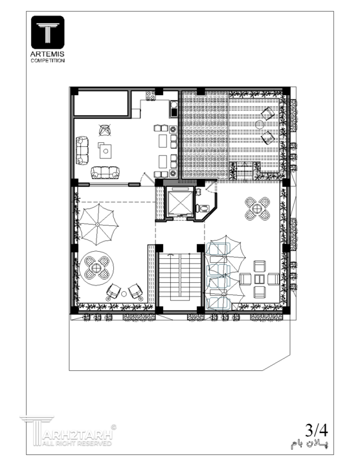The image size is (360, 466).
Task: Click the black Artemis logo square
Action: (x=47, y=32)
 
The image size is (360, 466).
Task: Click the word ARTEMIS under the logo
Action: (x=47, y=54)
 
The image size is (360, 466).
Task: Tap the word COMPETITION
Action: (x=47, y=61)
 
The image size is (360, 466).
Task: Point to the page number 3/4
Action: (x=317, y=430)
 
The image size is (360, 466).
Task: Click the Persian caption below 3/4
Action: (x=309, y=444)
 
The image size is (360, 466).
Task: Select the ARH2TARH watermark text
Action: (x=78, y=435)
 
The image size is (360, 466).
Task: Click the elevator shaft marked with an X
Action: (x=179, y=203)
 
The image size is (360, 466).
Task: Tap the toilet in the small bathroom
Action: (x=202, y=208)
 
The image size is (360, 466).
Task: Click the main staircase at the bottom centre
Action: (x=179, y=276)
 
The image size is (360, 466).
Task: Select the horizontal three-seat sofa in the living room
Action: (x=106, y=172)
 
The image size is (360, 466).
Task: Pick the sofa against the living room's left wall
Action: (x=82, y=150)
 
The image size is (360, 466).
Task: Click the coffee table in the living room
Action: (x=105, y=151)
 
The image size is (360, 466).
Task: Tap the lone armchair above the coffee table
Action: (x=104, y=130)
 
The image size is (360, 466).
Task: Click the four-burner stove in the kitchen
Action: (x=151, y=95)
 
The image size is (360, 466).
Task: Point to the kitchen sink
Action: (x=174, y=109)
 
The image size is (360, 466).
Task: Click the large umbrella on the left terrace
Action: (x=98, y=225)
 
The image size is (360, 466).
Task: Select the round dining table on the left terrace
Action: (x=96, y=268)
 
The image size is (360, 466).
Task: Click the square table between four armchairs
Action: (x=260, y=279)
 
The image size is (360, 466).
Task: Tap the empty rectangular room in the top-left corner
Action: (x=101, y=103)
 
